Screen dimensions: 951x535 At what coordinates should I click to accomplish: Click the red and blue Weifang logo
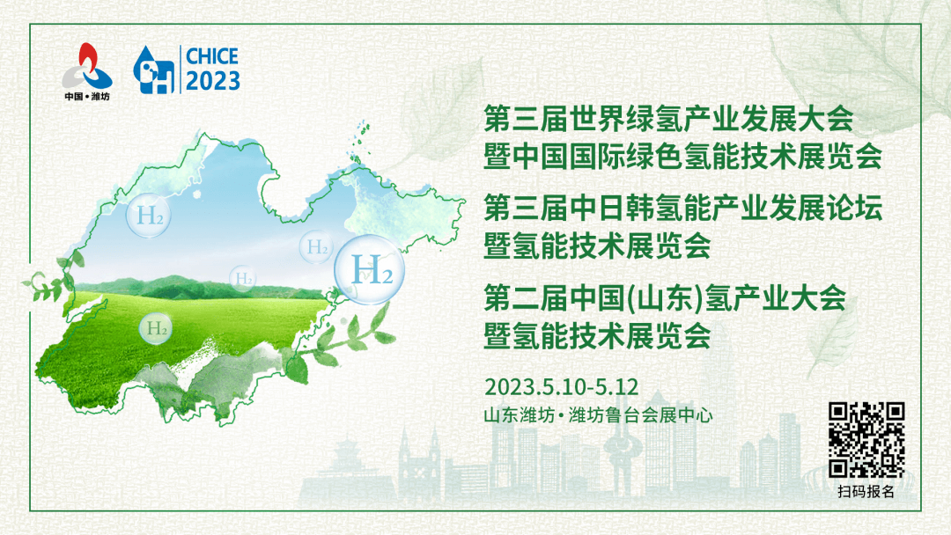(87, 67)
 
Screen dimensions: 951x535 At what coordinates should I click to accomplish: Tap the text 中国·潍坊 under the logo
(87, 96)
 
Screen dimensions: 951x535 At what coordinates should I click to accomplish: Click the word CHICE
(211, 56)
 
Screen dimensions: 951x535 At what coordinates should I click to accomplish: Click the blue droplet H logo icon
(154, 70)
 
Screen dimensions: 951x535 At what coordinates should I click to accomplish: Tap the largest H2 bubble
(369, 269)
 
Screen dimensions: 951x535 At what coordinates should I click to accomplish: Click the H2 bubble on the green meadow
(156, 329)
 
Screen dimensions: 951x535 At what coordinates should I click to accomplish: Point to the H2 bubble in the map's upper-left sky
(149, 215)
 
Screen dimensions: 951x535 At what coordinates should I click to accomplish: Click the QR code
(866, 440)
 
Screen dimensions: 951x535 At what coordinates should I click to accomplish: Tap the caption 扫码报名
(866, 491)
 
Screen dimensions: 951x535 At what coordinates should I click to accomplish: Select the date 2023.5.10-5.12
(562, 386)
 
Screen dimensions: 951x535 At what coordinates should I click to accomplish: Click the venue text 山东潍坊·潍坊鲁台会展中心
(598, 415)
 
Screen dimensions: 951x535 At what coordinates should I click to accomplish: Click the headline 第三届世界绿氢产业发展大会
(669, 118)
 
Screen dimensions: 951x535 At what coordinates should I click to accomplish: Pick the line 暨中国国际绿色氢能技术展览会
(683, 157)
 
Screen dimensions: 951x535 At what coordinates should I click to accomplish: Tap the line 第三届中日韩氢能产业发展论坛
(683, 208)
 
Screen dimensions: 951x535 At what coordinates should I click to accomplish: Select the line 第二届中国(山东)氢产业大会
(665, 298)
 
